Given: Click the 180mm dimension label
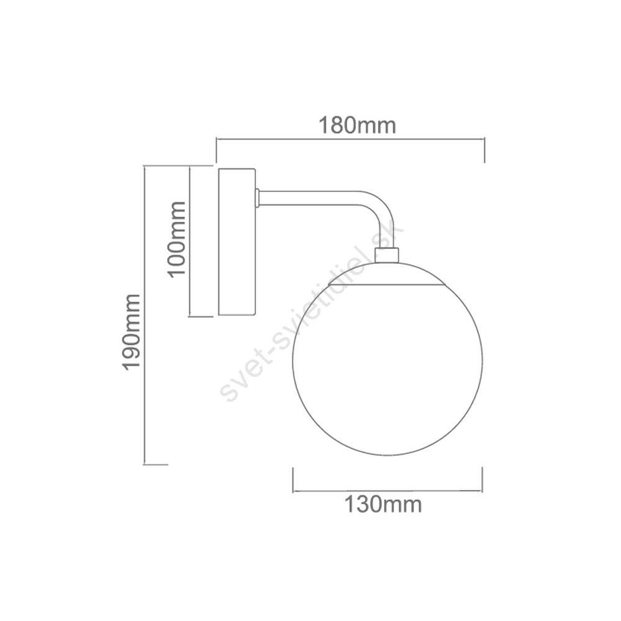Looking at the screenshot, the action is click(x=357, y=125).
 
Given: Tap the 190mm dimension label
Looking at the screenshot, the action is click(x=131, y=332).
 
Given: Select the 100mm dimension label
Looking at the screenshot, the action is click(x=176, y=239).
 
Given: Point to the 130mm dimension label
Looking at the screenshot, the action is click(x=383, y=504).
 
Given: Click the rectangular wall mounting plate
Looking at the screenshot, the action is click(x=237, y=242).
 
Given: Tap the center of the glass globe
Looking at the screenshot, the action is click(x=388, y=359).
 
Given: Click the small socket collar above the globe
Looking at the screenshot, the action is click(x=386, y=255).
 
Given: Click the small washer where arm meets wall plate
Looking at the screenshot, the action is click(x=257, y=197).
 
